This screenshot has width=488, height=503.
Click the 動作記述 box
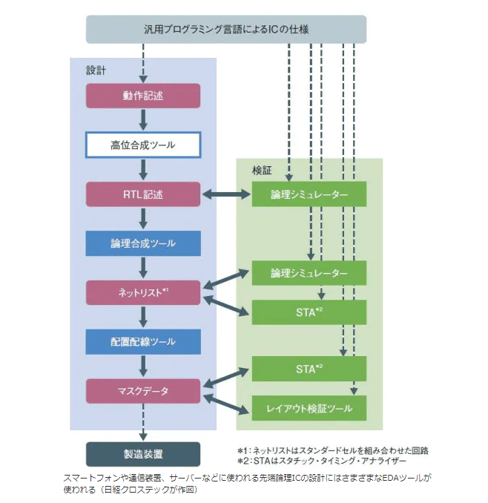point(143,96)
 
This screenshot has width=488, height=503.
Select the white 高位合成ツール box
point(143,145)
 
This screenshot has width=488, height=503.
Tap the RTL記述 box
point(143,194)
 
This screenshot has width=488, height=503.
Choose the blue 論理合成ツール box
point(143,243)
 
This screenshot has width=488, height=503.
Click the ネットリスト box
point(143,292)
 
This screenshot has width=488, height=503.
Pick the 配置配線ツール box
point(143,342)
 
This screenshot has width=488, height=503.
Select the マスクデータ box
point(143,391)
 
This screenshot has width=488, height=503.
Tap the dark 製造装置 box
point(143,453)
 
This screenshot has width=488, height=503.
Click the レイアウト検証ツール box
point(309,407)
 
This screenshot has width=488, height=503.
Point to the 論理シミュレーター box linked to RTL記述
point(309,194)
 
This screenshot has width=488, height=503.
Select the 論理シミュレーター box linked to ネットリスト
point(309,273)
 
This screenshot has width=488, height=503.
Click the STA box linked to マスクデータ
point(309,368)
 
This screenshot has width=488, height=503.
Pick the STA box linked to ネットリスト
point(309,312)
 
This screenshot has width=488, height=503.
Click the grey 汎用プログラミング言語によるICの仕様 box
point(226,29)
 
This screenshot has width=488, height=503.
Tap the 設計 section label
point(96,71)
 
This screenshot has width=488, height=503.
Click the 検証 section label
point(261,171)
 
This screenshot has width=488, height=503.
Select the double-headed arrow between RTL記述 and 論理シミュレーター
point(226,194)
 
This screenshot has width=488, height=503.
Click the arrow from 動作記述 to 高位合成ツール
point(143,120)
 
